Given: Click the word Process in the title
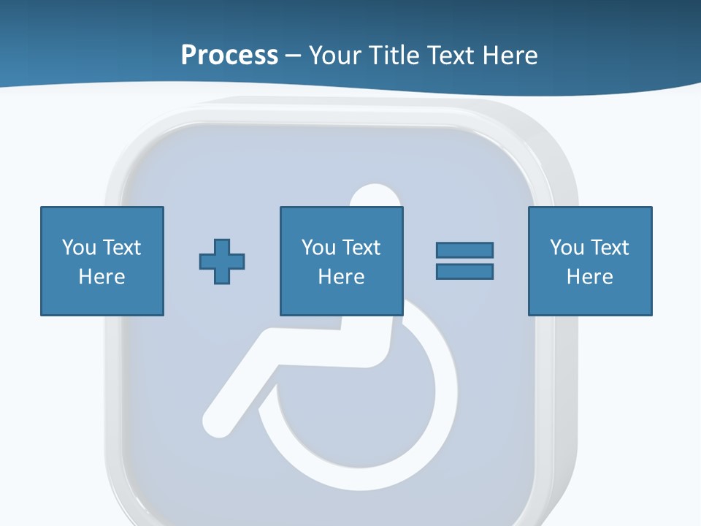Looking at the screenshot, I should point(229,55).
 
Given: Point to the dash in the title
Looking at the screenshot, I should point(294,56).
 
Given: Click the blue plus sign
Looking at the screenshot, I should point(222,261).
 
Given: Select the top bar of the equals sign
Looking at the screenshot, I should point(464,250).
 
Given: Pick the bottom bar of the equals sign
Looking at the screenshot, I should point(464,271).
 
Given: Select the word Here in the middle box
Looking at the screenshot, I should point(342,277).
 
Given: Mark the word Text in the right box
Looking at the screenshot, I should point(611,248).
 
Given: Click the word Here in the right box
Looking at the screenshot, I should point(590,277).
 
